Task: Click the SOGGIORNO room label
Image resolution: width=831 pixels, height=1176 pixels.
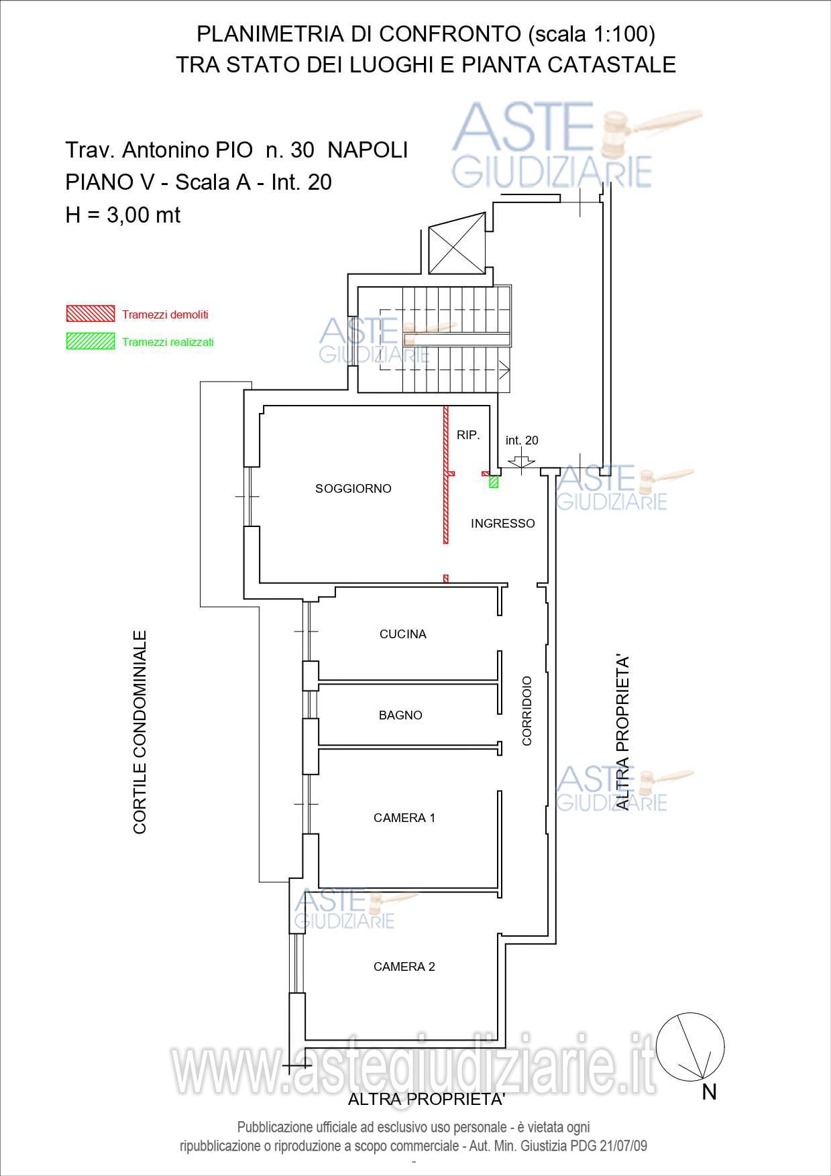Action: pos(353,489)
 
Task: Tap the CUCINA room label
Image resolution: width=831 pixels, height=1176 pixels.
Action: pos(402,634)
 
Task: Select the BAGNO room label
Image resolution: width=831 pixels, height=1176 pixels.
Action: pos(400,715)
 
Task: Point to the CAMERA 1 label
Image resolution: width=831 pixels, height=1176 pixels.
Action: pos(404,818)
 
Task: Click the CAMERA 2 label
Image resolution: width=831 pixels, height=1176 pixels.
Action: pos(404,967)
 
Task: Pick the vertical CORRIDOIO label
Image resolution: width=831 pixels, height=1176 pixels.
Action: pos(527,711)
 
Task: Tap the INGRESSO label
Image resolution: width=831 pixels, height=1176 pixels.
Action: pos(503,524)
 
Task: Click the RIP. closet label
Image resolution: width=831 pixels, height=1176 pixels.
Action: pos(468,435)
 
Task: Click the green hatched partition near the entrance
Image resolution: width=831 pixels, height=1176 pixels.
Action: pos(494,481)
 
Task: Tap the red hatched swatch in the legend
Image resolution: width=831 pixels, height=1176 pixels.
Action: pos(90,314)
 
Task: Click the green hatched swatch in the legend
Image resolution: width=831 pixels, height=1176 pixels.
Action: pos(90,341)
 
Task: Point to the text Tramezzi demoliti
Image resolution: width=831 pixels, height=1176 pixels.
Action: pos(165,314)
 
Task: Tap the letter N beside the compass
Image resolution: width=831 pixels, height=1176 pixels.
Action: pos(710,1092)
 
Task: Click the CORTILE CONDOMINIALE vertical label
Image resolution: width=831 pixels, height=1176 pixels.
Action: pos(140,731)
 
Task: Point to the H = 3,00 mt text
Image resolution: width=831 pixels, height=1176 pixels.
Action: pos(123,215)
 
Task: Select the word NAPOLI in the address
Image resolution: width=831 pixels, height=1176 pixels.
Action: pos(368,150)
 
